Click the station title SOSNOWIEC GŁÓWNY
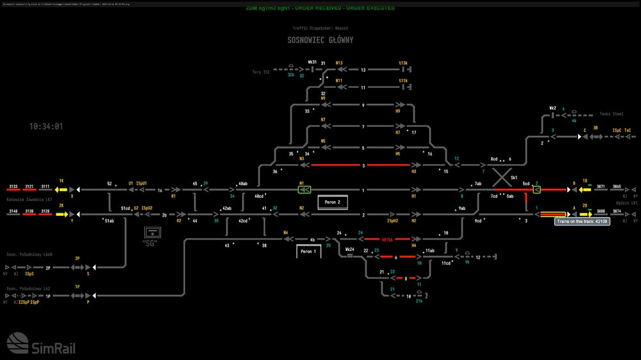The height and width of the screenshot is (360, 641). point(320,40)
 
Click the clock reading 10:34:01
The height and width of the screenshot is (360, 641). point(46,126)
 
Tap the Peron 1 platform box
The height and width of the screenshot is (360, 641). point(308,252)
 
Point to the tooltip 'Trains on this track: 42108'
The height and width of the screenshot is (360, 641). point(581,222)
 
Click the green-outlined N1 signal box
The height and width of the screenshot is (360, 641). point(304,190)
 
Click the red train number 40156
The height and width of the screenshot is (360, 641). point(387,239)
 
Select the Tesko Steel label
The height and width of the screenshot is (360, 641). point(611,114)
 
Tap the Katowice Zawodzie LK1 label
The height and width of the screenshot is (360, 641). point(29,199)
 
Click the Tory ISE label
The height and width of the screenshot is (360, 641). point(262,72)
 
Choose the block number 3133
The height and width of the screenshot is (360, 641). point(13,186)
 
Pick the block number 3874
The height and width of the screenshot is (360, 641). point(617,211)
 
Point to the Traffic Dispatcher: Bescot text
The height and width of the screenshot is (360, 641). point(320,28)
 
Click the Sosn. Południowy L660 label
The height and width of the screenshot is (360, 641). point(29,255)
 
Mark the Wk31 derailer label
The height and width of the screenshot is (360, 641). point(312,62)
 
